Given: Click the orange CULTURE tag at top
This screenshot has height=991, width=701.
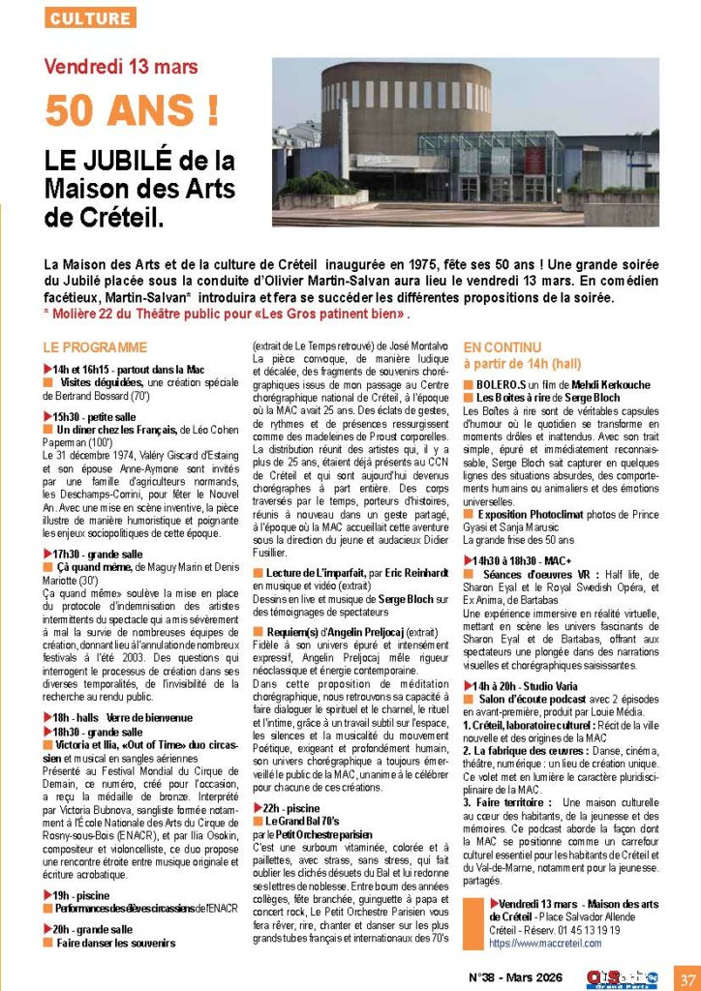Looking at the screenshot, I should click(x=90, y=18).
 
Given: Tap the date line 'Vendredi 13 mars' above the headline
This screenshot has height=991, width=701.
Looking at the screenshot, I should click(x=121, y=67).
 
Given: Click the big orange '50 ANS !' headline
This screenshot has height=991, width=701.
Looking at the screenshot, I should click(x=132, y=110).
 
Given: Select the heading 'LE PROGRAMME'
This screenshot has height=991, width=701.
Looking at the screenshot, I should click(x=95, y=347).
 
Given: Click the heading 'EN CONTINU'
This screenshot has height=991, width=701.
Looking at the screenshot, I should click(x=503, y=345).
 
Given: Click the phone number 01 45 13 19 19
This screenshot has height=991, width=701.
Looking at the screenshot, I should click(x=586, y=929).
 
